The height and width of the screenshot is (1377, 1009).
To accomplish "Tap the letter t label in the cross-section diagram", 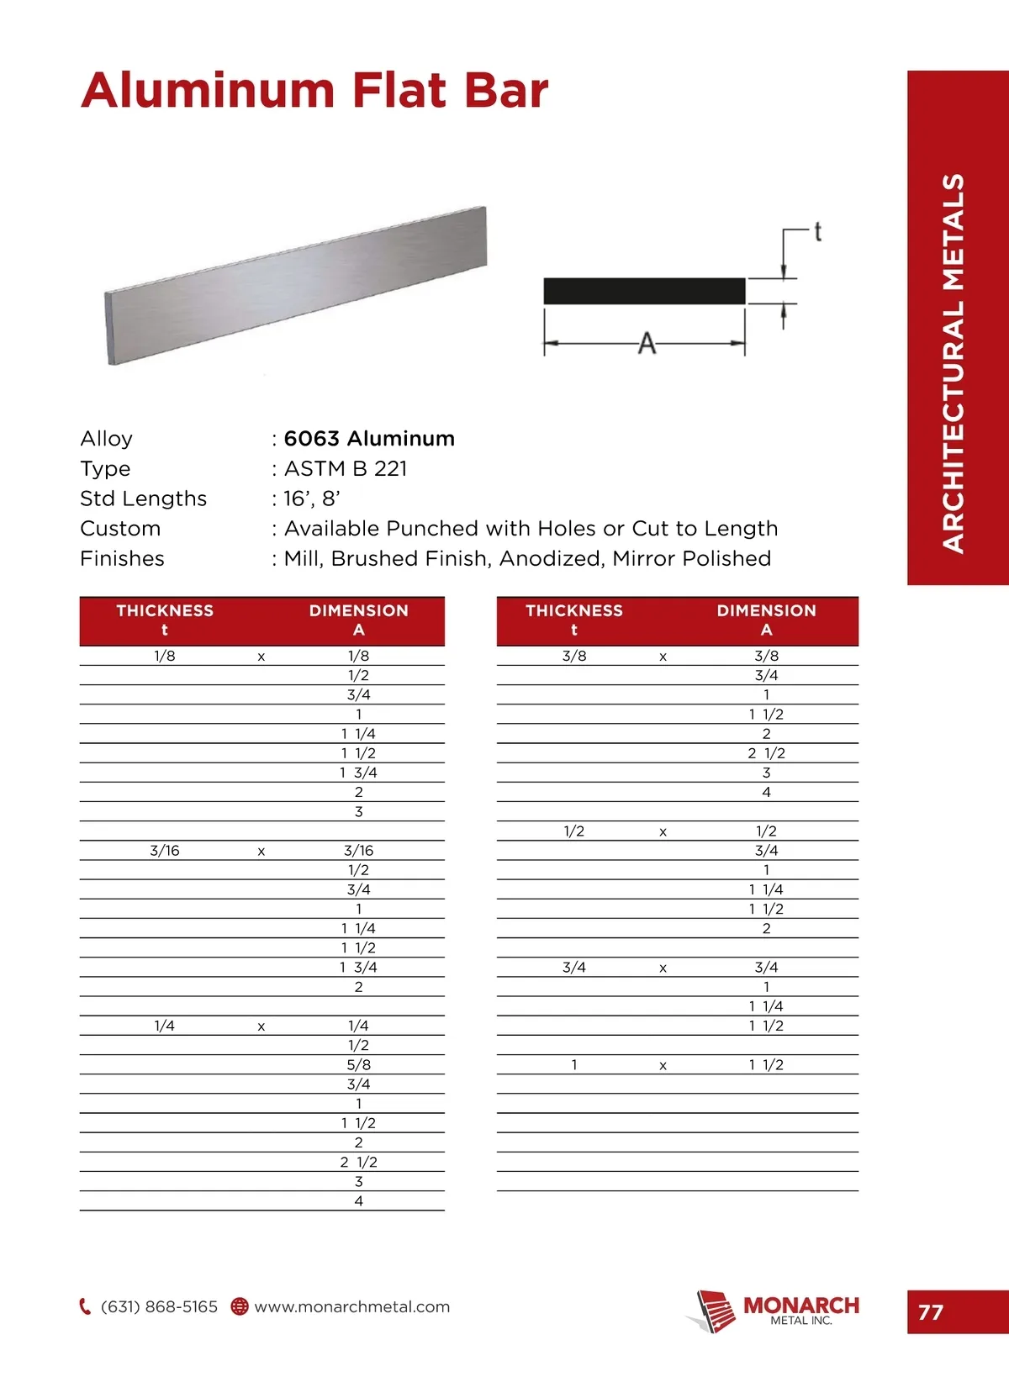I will (817, 231).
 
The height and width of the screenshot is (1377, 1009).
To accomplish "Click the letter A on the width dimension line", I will (647, 343).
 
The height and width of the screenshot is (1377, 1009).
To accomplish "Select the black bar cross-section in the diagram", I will (644, 291).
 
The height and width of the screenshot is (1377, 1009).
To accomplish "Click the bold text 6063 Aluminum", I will (369, 439).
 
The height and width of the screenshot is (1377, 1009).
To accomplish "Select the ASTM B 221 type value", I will (346, 469).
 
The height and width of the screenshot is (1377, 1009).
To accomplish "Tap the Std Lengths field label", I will (143, 499).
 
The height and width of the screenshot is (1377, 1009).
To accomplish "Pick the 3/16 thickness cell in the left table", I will (165, 851).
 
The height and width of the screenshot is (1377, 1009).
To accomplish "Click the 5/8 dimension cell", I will (358, 1065).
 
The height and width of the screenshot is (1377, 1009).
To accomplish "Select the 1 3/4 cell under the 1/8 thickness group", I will (358, 773).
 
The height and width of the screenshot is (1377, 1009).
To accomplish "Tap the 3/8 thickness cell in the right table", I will (574, 656).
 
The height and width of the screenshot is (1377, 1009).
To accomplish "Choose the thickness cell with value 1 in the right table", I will (574, 1065).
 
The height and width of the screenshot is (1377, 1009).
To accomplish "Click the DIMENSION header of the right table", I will (766, 611).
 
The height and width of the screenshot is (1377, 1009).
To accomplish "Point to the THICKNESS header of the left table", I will (165, 611).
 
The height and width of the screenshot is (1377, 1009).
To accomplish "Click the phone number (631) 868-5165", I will (159, 1307).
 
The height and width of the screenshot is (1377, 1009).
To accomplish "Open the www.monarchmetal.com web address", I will (352, 1307).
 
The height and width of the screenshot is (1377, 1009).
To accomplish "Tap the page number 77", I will (931, 1312).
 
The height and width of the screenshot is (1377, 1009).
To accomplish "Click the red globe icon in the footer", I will (240, 1307).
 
